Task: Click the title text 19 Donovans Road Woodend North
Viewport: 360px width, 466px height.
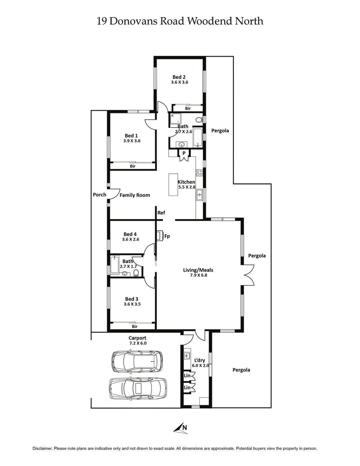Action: (180, 21)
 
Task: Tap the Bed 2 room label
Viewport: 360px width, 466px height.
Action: (179, 76)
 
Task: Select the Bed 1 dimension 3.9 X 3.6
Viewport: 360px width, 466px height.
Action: (132, 141)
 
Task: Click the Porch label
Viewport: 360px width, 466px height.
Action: (99, 195)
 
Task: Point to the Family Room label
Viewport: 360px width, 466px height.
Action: (135, 195)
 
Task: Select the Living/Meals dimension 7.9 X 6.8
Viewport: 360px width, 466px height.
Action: (198, 276)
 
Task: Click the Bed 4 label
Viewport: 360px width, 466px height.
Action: (130, 234)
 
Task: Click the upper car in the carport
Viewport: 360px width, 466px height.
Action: (137, 361)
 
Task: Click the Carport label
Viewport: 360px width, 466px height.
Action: (137, 338)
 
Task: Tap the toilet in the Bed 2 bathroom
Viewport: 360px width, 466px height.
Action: (198, 120)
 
